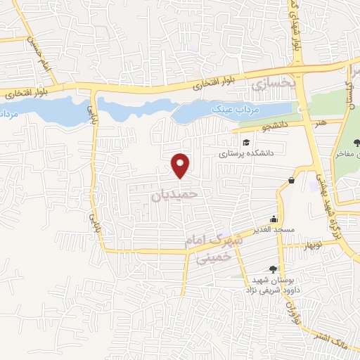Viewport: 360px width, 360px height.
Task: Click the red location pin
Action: (181, 165)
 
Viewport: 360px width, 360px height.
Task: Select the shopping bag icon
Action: (291, 181)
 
